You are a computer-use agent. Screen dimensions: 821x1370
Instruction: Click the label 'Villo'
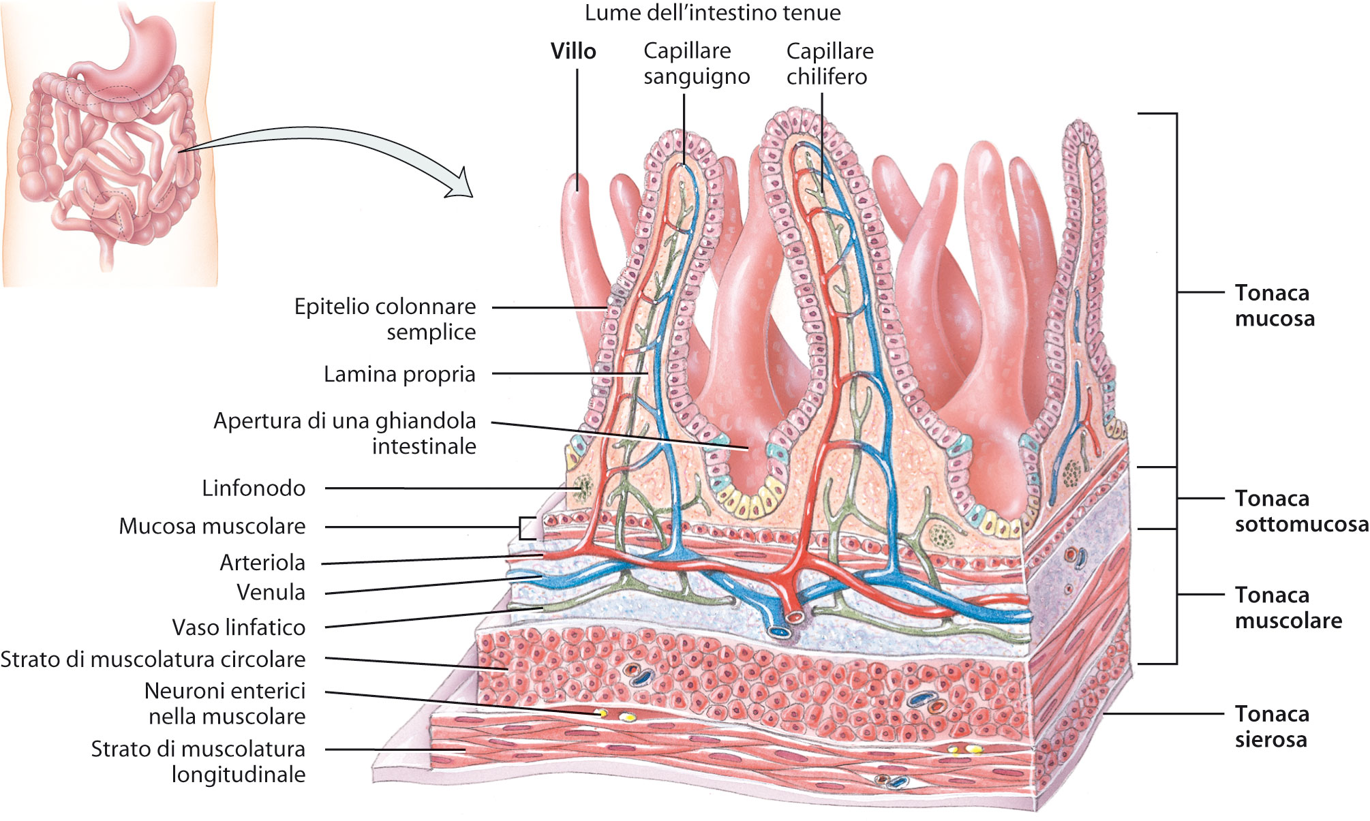point(573,51)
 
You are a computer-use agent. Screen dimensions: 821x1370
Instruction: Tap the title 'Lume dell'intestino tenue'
point(712,12)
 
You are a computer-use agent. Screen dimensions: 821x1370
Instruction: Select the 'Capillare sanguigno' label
point(696,63)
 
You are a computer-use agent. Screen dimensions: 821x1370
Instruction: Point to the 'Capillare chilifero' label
point(829,63)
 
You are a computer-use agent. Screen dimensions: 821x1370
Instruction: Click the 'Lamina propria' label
point(399,374)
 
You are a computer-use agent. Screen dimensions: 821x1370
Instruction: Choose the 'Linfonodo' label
point(254,488)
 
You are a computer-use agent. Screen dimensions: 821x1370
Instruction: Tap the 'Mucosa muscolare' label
point(212,526)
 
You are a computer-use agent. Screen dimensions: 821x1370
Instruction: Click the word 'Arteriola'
point(262,563)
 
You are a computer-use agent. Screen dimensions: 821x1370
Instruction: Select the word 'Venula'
point(271,592)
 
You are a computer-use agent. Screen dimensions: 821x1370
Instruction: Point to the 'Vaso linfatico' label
point(239,628)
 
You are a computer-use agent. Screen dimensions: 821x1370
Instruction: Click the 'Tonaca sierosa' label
point(1272,726)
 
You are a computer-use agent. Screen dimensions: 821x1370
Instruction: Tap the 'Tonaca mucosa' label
point(1274,305)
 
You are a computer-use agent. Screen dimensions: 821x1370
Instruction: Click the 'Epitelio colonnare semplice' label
point(385,319)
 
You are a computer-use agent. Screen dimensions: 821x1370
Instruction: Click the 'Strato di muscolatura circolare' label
point(153,660)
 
